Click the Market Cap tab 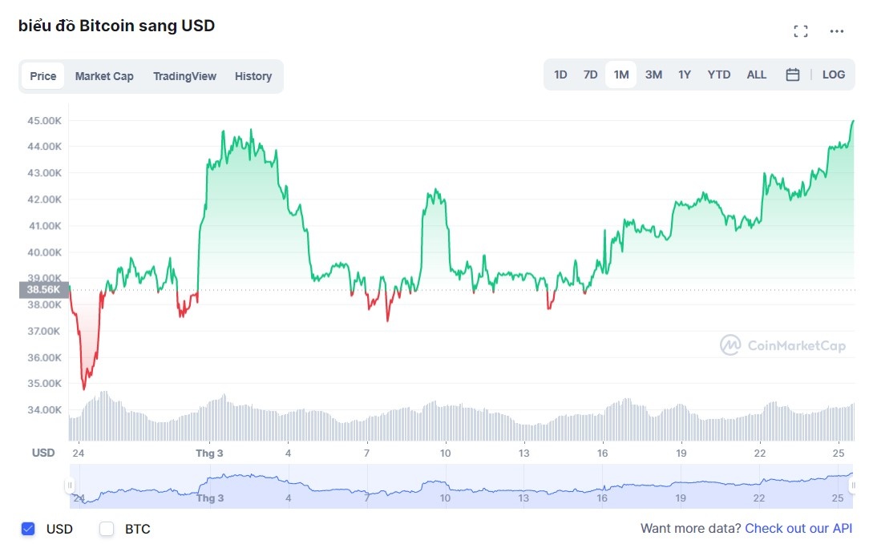104,76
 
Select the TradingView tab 184,76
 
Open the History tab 253,76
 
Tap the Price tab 43,76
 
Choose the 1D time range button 560,75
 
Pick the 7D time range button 590,75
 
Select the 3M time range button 653,75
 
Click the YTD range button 718,75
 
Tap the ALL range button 756,75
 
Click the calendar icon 793,75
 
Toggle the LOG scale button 833,75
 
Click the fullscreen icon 800,31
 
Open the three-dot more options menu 837,31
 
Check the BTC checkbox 107,529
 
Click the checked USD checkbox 28,529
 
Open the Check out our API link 798,529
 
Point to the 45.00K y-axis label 46,120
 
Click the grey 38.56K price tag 43,290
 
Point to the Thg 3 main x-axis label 209,453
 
